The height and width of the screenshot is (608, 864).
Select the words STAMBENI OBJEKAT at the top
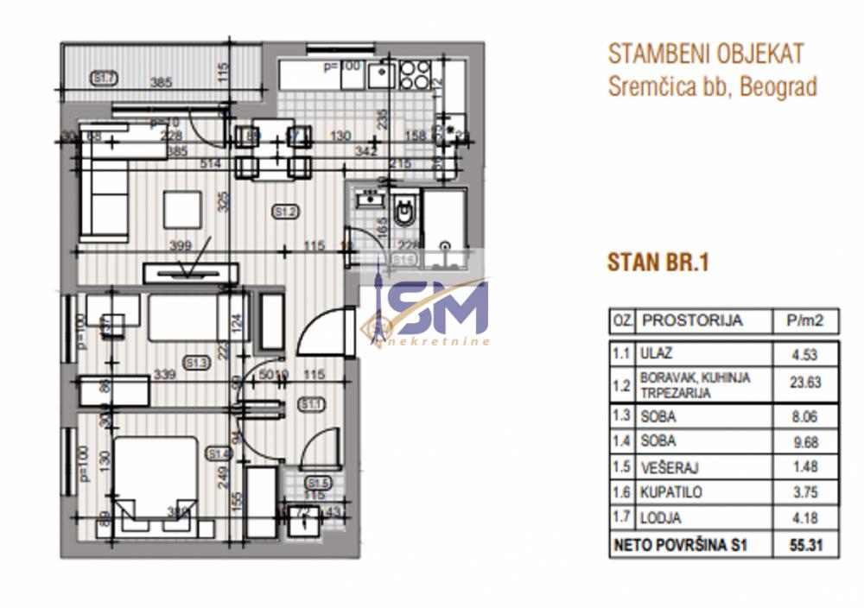[706, 54]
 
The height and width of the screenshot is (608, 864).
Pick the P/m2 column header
[806, 321]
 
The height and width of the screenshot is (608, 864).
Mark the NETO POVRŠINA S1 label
[678, 545]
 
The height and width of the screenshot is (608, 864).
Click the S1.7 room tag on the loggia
[104, 79]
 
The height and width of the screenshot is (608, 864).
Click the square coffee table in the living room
[183, 208]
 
